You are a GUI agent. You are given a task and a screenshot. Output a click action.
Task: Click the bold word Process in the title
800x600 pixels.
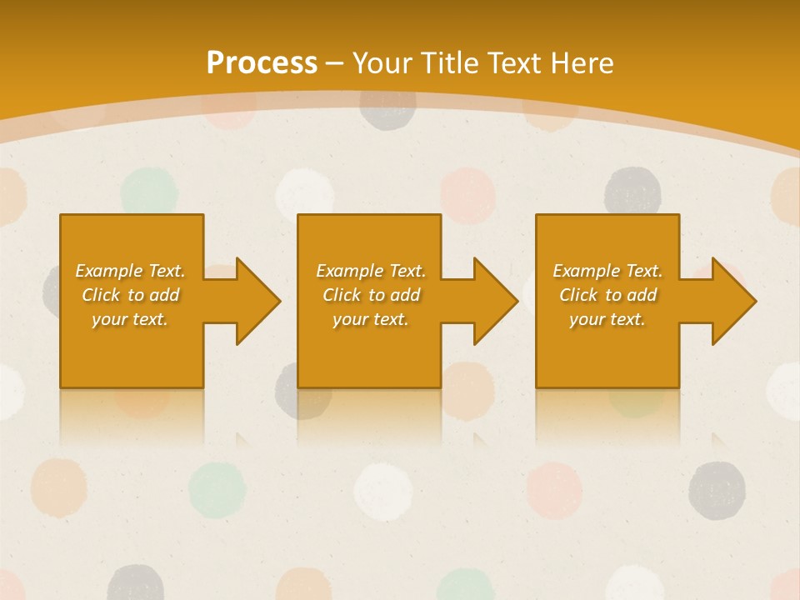[262, 63]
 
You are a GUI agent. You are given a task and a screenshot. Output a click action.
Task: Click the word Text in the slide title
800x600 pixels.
[514, 63]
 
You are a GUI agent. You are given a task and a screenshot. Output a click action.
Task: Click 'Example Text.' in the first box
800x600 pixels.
[130, 271]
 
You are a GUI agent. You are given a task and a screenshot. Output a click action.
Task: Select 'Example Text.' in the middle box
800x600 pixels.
[371, 271]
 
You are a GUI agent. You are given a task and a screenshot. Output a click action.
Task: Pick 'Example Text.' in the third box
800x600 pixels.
[607, 271]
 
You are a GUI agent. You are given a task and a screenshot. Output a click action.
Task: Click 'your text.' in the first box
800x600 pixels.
[130, 319]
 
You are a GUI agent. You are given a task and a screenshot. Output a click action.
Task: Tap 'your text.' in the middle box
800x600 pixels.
[371, 319]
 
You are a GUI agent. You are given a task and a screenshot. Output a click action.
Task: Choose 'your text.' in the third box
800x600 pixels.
[607, 319]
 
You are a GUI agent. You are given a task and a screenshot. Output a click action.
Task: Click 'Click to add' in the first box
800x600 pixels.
[130, 295]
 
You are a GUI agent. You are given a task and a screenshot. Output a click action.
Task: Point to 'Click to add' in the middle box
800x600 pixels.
[371, 295]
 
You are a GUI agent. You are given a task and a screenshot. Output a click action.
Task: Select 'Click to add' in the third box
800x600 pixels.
[607, 295]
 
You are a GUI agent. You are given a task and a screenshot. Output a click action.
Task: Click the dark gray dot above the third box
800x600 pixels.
[632, 191]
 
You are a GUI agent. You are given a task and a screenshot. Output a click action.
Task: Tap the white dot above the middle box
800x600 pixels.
[304, 192]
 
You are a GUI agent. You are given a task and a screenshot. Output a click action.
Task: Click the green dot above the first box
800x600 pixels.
[149, 191]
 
